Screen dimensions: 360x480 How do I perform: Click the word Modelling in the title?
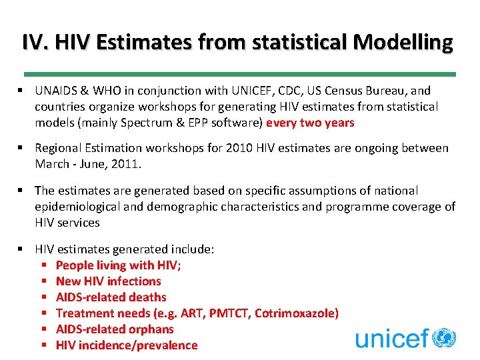[x=403, y=42]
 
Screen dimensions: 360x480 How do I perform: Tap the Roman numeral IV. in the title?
[x=35, y=42]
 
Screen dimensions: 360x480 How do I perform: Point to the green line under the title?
[x=239, y=74]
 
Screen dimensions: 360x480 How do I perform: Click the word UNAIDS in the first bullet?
[x=57, y=91]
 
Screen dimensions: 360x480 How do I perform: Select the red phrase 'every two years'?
[x=310, y=123]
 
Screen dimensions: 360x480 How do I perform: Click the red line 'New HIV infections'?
[x=109, y=281]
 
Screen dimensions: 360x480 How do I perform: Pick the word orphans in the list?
[x=151, y=329]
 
